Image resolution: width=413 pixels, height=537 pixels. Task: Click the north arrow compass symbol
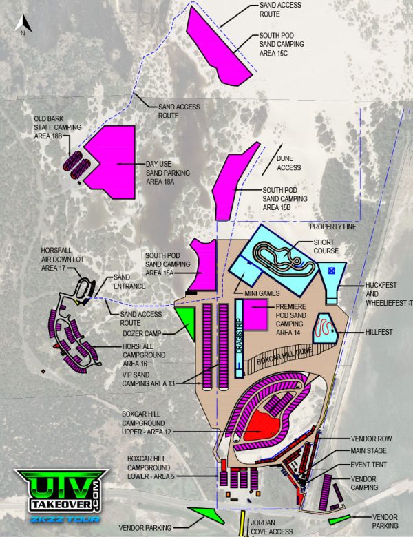23,25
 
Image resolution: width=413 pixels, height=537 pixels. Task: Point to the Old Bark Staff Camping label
58,127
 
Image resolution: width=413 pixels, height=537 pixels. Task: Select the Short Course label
324,247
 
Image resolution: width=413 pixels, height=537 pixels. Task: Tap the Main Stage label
370,452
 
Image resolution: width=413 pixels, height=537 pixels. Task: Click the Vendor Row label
372,438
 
